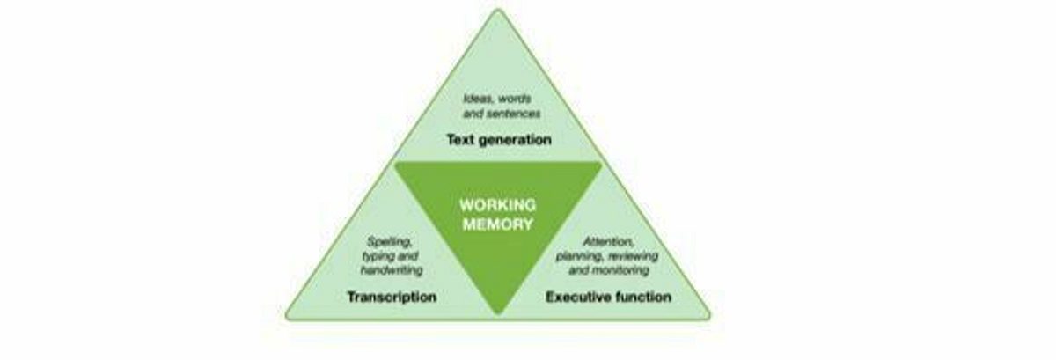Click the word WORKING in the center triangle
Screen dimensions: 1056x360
coord(498,205)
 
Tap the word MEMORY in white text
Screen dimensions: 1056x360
coord(498,224)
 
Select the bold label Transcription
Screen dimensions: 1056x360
coord(392,298)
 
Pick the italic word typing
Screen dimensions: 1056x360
coord(375,257)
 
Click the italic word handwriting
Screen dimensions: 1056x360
coord(392,271)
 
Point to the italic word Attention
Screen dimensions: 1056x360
coord(609,241)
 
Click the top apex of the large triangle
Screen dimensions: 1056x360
coord(498,10)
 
